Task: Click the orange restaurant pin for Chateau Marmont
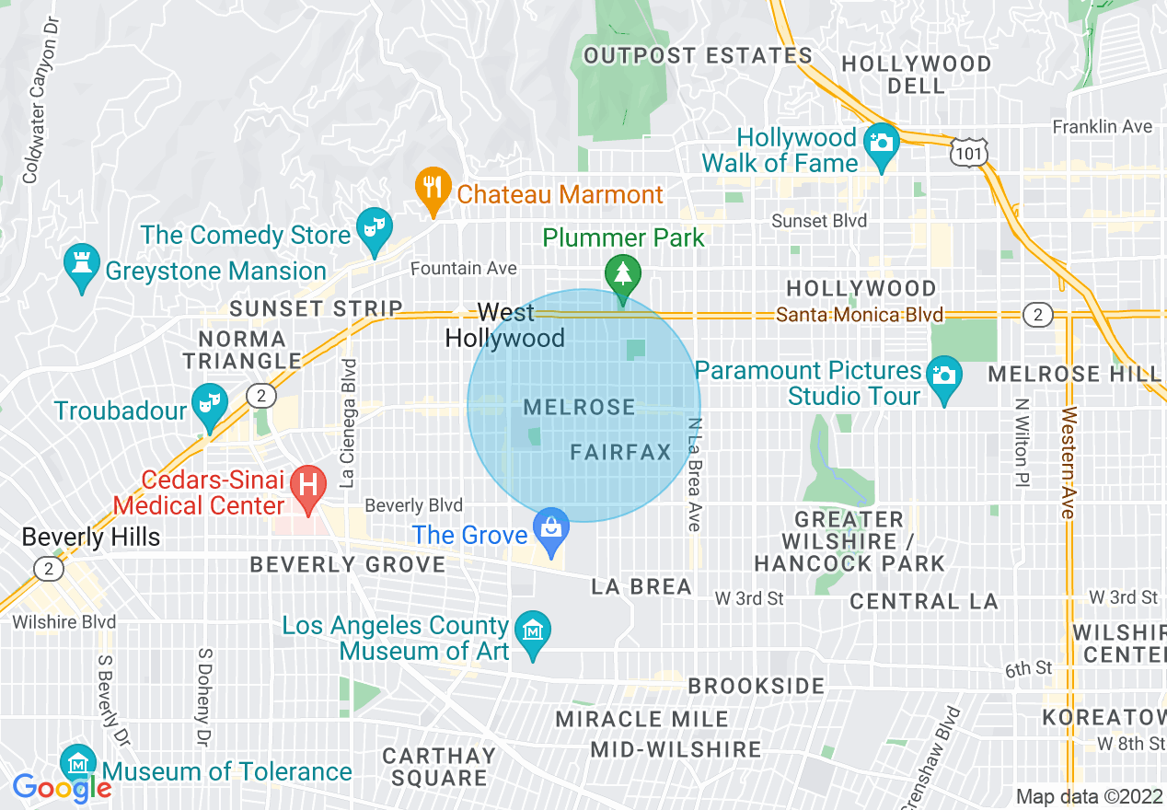(431, 189)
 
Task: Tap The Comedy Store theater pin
(376, 229)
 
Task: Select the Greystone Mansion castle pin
(82, 264)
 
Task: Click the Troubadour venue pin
(210, 404)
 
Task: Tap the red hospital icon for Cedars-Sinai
(306, 485)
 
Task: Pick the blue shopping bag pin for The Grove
(551, 529)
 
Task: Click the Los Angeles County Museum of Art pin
(533, 632)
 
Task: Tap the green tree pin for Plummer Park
(623, 274)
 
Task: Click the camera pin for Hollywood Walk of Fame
(882, 144)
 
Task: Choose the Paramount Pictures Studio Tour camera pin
(944, 376)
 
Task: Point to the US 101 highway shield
(969, 153)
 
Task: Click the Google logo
(62, 788)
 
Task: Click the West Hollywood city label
(505, 326)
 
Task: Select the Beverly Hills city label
(90, 538)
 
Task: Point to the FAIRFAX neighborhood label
(620, 452)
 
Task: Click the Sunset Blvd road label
(819, 221)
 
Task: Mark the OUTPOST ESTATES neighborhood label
(698, 56)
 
